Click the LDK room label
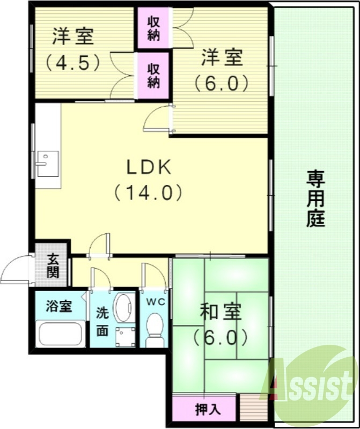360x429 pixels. tap(149, 168)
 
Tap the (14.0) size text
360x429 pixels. tap(149, 193)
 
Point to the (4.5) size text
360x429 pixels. tap(73, 62)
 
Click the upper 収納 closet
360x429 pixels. tap(153, 30)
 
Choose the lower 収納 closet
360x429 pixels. tap(153, 75)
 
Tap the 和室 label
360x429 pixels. tap(221, 312)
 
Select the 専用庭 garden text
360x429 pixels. tap(316, 199)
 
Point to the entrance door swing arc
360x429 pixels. tap(14, 269)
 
